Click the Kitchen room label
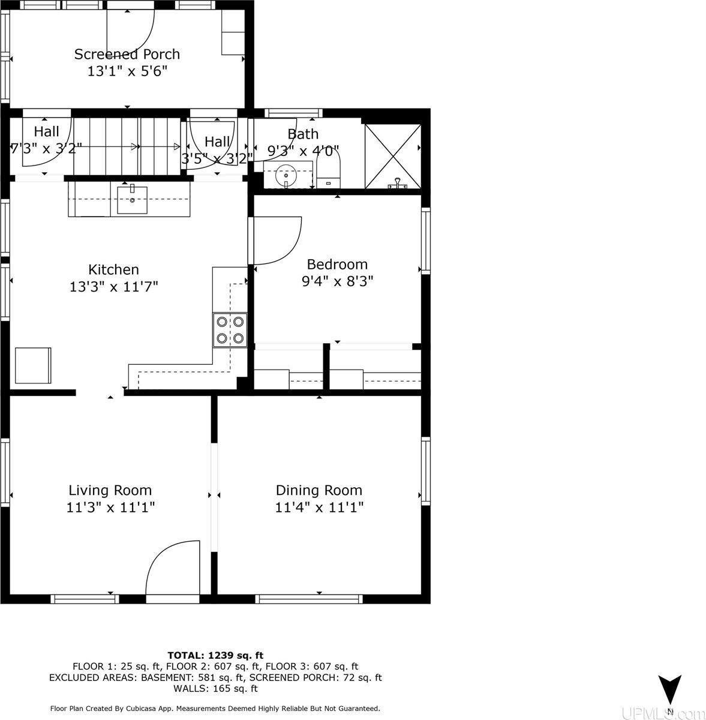pyautogui.click(x=113, y=269)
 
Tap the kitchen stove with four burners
pyautogui.click(x=230, y=330)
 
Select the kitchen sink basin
pyautogui.click(x=132, y=200)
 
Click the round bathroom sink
pyautogui.click(x=286, y=175)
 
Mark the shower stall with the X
pyautogui.click(x=393, y=157)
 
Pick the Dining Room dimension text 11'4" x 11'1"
pyautogui.click(x=319, y=507)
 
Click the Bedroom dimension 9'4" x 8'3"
pyautogui.click(x=337, y=281)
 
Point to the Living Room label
pyautogui.click(x=110, y=490)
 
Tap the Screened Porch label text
pyautogui.click(x=127, y=54)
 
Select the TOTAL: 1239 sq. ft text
pyautogui.click(x=215, y=655)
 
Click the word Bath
pyautogui.click(x=303, y=134)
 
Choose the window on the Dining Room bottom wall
pyautogui.click(x=310, y=599)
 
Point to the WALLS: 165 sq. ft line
pyautogui.click(x=215, y=688)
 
